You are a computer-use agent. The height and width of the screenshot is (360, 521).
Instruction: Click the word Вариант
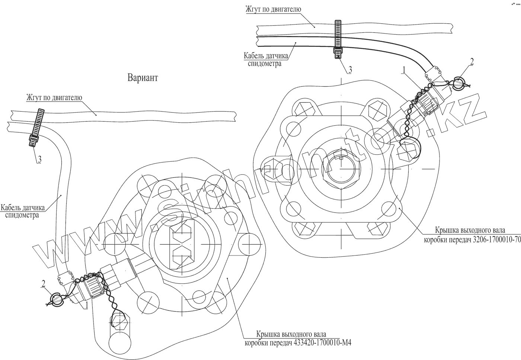(x=143, y=78)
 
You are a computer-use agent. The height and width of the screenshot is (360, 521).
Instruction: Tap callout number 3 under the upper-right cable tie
(x=350, y=70)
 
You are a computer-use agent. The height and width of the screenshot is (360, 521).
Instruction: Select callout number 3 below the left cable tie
(x=39, y=160)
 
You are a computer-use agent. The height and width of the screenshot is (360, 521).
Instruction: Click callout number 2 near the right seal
(x=472, y=61)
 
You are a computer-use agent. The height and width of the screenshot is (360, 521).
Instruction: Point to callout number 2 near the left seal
(x=43, y=283)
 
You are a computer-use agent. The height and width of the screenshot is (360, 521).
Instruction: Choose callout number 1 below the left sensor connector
(x=86, y=305)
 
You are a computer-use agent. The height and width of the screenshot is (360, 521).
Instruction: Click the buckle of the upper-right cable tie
(x=338, y=52)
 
